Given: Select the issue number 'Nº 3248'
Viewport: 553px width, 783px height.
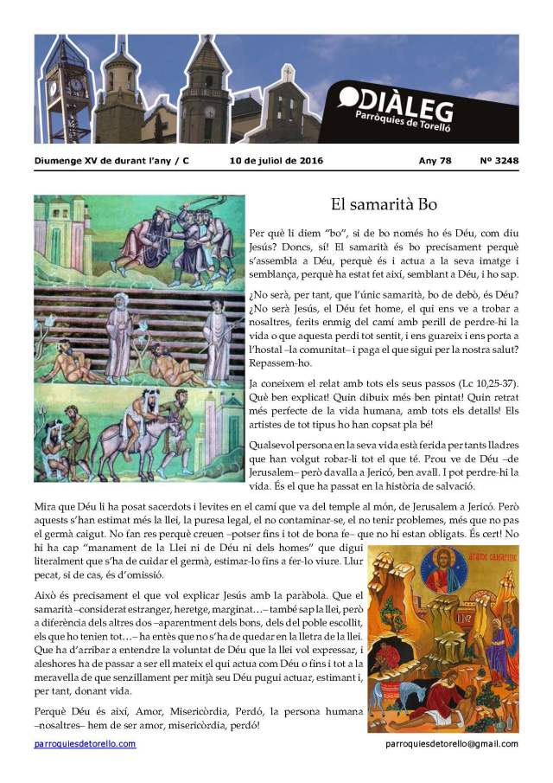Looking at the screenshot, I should pos(499,161).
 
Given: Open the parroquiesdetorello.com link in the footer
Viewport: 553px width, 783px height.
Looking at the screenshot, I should pos(85,744).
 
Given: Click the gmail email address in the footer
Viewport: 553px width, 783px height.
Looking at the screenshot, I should pos(452,744).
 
